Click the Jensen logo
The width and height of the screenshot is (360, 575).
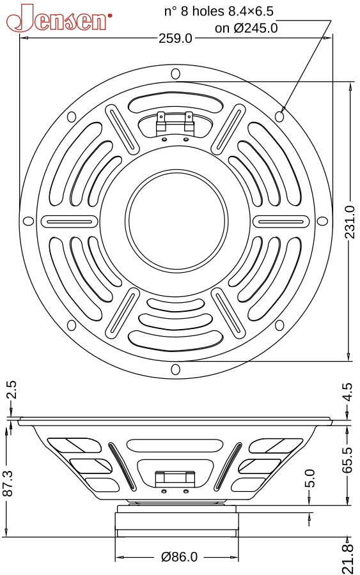click(x=59, y=18)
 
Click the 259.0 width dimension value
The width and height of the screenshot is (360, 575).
click(x=175, y=38)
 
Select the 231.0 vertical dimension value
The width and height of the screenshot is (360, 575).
click(x=350, y=222)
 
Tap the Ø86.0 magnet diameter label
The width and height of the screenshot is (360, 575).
click(x=180, y=557)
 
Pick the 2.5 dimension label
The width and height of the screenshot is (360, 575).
click(x=12, y=390)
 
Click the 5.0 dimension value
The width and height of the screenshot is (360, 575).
click(x=310, y=478)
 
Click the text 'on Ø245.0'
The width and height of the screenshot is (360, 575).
click(x=246, y=28)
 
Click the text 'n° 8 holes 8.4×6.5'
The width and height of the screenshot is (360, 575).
click(x=219, y=11)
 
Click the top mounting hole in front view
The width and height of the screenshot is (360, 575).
click(x=176, y=73)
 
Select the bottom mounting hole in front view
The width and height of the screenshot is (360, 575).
click(x=176, y=369)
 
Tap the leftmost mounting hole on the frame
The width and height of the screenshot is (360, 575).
click(x=28, y=221)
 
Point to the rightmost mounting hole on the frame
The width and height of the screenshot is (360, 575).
click(x=322, y=221)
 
